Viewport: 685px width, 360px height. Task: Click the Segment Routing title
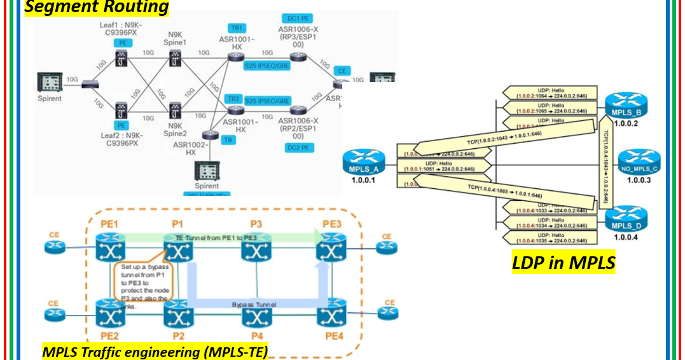(97, 7)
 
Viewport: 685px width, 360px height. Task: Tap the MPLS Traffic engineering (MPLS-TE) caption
(155, 351)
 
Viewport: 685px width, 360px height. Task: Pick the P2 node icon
(177, 313)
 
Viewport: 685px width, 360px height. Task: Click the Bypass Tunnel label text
(254, 305)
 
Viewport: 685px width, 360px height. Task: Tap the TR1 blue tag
(237, 28)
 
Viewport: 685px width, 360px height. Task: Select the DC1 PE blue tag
(295, 18)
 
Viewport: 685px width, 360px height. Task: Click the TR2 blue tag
(233, 99)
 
